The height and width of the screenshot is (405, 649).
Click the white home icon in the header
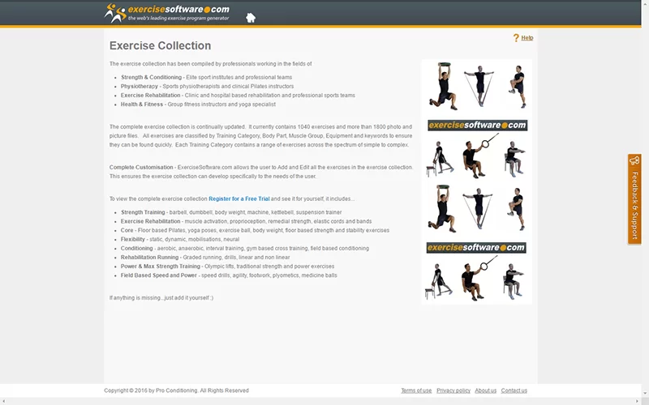point(251,17)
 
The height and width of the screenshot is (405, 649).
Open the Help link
point(527,37)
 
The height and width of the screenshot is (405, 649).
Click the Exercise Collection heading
point(160,45)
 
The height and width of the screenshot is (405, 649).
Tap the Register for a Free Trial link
point(239,198)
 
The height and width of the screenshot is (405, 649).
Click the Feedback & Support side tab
point(634,199)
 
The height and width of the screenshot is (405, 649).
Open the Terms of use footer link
point(416,390)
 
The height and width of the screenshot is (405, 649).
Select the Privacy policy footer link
point(453,390)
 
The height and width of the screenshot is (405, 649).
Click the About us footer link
point(485,390)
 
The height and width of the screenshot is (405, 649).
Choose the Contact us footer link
point(514,390)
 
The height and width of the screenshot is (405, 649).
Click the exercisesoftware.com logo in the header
point(167,13)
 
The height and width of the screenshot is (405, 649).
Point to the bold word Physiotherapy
point(139,87)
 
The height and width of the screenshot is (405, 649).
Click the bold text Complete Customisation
point(141,168)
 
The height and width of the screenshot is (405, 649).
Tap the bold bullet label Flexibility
point(132,239)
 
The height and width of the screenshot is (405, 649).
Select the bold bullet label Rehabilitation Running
point(149,257)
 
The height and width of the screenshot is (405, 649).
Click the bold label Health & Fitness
point(141,104)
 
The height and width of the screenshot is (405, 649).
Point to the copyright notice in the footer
point(176,390)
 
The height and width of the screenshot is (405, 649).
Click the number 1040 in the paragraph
point(303,127)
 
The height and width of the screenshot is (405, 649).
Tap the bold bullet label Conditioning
point(136,249)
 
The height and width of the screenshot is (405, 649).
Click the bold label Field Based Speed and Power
point(158,275)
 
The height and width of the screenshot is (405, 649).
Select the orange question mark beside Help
point(516,37)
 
